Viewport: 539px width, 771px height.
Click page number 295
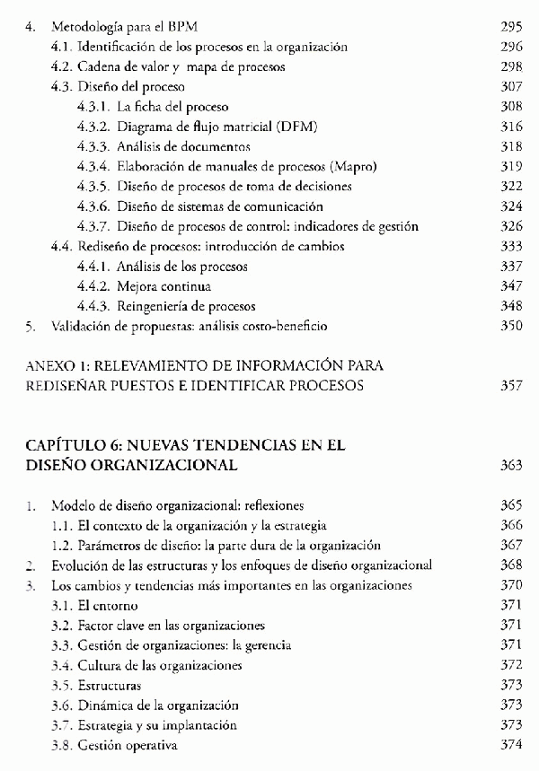point(509,27)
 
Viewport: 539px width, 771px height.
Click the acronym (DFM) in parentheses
point(296,127)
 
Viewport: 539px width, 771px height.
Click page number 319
point(509,166)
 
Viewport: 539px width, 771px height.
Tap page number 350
point(509,325)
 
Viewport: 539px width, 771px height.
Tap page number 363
point(509,465)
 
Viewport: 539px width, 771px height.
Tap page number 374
point(509,745)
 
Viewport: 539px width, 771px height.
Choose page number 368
point(509,565)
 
